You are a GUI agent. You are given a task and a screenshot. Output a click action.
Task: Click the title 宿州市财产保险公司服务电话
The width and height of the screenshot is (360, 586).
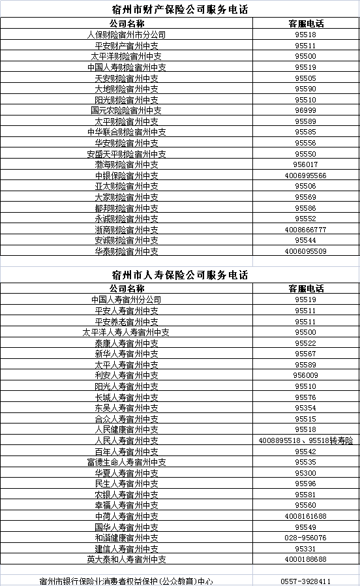click(180, 9)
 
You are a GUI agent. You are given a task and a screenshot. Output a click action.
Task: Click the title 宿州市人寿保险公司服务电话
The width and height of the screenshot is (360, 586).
click(180, 275)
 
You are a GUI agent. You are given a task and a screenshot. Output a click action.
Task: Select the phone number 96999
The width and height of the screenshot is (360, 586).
click(305, 110)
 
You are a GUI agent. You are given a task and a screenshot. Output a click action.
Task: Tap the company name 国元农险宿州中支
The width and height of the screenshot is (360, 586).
click(127, 110)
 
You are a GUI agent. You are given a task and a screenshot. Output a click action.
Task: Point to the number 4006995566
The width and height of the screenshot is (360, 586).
click(305, 176)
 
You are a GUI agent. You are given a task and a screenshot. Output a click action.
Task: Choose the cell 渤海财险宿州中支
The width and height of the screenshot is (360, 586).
click(127, 164)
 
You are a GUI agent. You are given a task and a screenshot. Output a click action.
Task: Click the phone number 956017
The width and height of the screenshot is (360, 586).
click(305, 164)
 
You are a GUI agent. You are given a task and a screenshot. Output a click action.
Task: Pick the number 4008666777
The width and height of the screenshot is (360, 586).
click(305, 230)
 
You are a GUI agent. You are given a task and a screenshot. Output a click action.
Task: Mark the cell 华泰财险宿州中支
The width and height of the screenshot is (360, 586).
click(127, 251)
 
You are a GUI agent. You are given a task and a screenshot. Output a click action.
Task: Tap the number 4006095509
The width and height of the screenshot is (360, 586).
click(305, 251)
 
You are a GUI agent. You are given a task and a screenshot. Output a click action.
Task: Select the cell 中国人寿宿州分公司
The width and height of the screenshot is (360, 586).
click(127, 300)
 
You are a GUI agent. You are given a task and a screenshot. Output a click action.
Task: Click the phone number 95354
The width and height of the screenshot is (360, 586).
click(305, 408)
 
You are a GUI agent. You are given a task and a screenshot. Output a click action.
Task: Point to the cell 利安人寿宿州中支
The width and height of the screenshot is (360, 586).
click(127, 375)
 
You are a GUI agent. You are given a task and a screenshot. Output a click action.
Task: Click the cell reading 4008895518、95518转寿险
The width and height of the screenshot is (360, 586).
click(305, 440)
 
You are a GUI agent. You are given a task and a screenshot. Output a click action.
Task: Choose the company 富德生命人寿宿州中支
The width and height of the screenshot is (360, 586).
click(127, 462)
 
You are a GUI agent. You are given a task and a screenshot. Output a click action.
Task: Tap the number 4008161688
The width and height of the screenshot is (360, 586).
click(305, 516)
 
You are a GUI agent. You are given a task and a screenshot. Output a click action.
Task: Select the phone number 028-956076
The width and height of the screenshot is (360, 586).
click(305, 538)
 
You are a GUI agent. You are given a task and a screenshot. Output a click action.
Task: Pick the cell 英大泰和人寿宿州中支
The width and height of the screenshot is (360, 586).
click(127, 559)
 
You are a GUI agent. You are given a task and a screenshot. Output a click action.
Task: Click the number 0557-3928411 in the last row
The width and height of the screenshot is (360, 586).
click(305, 581)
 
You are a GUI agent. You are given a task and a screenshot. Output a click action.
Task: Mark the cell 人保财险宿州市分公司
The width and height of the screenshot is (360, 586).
click(127, 35)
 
